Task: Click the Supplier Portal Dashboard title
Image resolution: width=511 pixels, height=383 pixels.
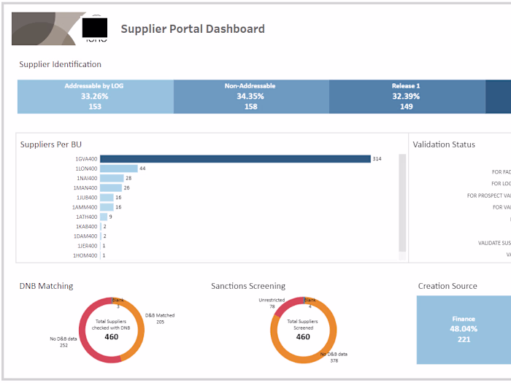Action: point(192,29)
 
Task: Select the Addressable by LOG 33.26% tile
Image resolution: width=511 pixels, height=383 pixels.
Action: point(95,96)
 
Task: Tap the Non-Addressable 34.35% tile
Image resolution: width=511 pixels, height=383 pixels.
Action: point(250,96)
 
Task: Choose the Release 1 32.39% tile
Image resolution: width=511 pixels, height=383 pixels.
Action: point(406,96)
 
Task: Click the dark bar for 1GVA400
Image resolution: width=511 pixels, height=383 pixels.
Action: point(235,158)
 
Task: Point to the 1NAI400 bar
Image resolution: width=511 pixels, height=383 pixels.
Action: point(112,178)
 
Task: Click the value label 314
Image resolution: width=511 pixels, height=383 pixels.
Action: point(377,158)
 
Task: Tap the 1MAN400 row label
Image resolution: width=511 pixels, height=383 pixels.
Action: point(86,187)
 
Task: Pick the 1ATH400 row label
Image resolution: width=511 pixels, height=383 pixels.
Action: point(86,217)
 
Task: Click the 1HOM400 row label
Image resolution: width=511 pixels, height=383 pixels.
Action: point(85,255)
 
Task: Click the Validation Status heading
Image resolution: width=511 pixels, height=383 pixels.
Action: point(444,144)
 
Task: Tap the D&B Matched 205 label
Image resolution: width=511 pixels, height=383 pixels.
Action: point(160,319)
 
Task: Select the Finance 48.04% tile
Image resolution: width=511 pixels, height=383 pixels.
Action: point(464,329)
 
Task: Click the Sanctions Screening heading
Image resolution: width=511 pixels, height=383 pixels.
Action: point(248,286)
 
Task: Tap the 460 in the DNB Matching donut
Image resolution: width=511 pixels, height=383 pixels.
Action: point(111,337)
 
